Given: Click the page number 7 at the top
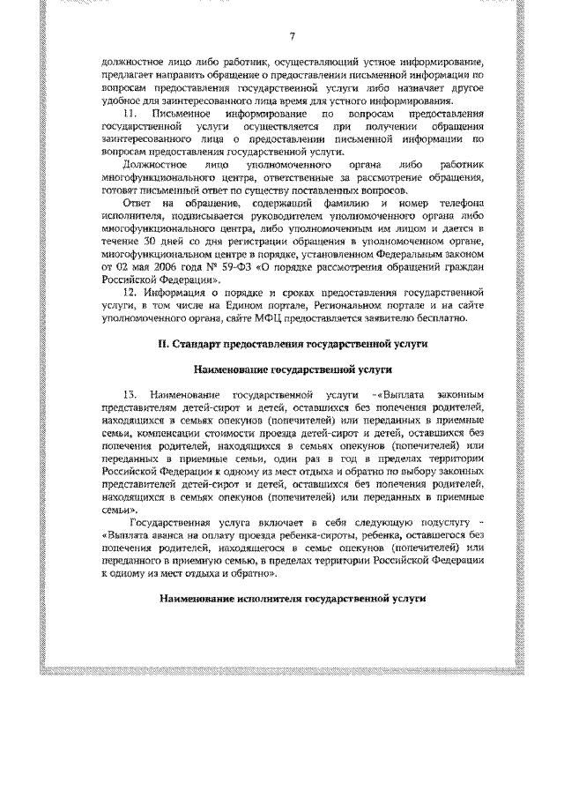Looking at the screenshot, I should click(292, 35).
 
